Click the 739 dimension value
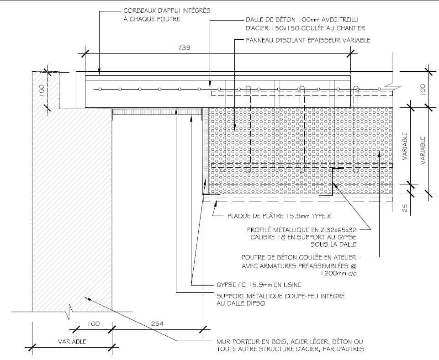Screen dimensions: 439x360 click(x=184, y=48)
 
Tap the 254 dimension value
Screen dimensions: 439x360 click(x=157, y=323)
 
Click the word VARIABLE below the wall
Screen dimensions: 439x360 click(x=72, y=342)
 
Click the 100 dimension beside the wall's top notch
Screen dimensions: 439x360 click(x=41, y=90)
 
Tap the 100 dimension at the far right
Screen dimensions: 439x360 click(x=423, y=89)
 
